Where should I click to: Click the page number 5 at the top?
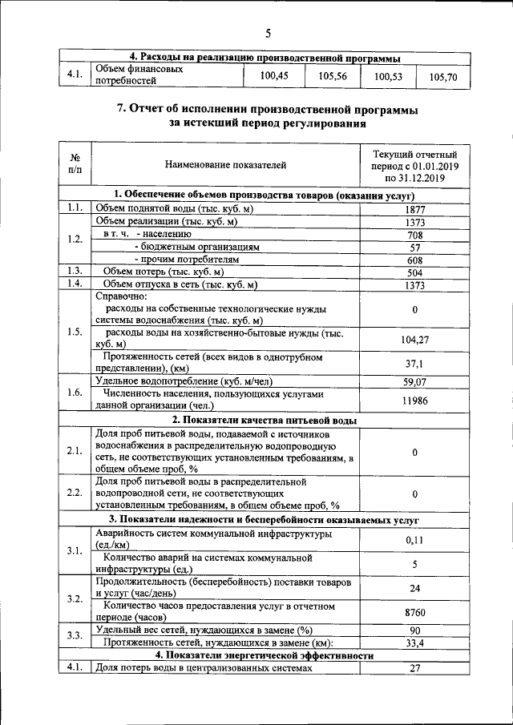pos(269,33)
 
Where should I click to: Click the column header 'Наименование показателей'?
pos(225,166)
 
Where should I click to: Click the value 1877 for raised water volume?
pos(414,209)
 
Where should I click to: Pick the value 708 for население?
pos(414,235)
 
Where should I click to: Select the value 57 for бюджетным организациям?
pos(414,248)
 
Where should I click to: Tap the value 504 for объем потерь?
pos(414,272)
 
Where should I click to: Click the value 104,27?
pos(414,340)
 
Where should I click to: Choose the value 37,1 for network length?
pos(414,363)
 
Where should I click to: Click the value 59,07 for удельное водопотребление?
pos(414,382)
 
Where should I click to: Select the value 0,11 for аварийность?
pos(414,540)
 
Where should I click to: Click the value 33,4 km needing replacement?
pos(414,642)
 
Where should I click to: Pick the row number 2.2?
pos(75,492)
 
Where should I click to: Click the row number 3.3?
pos(75,635)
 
